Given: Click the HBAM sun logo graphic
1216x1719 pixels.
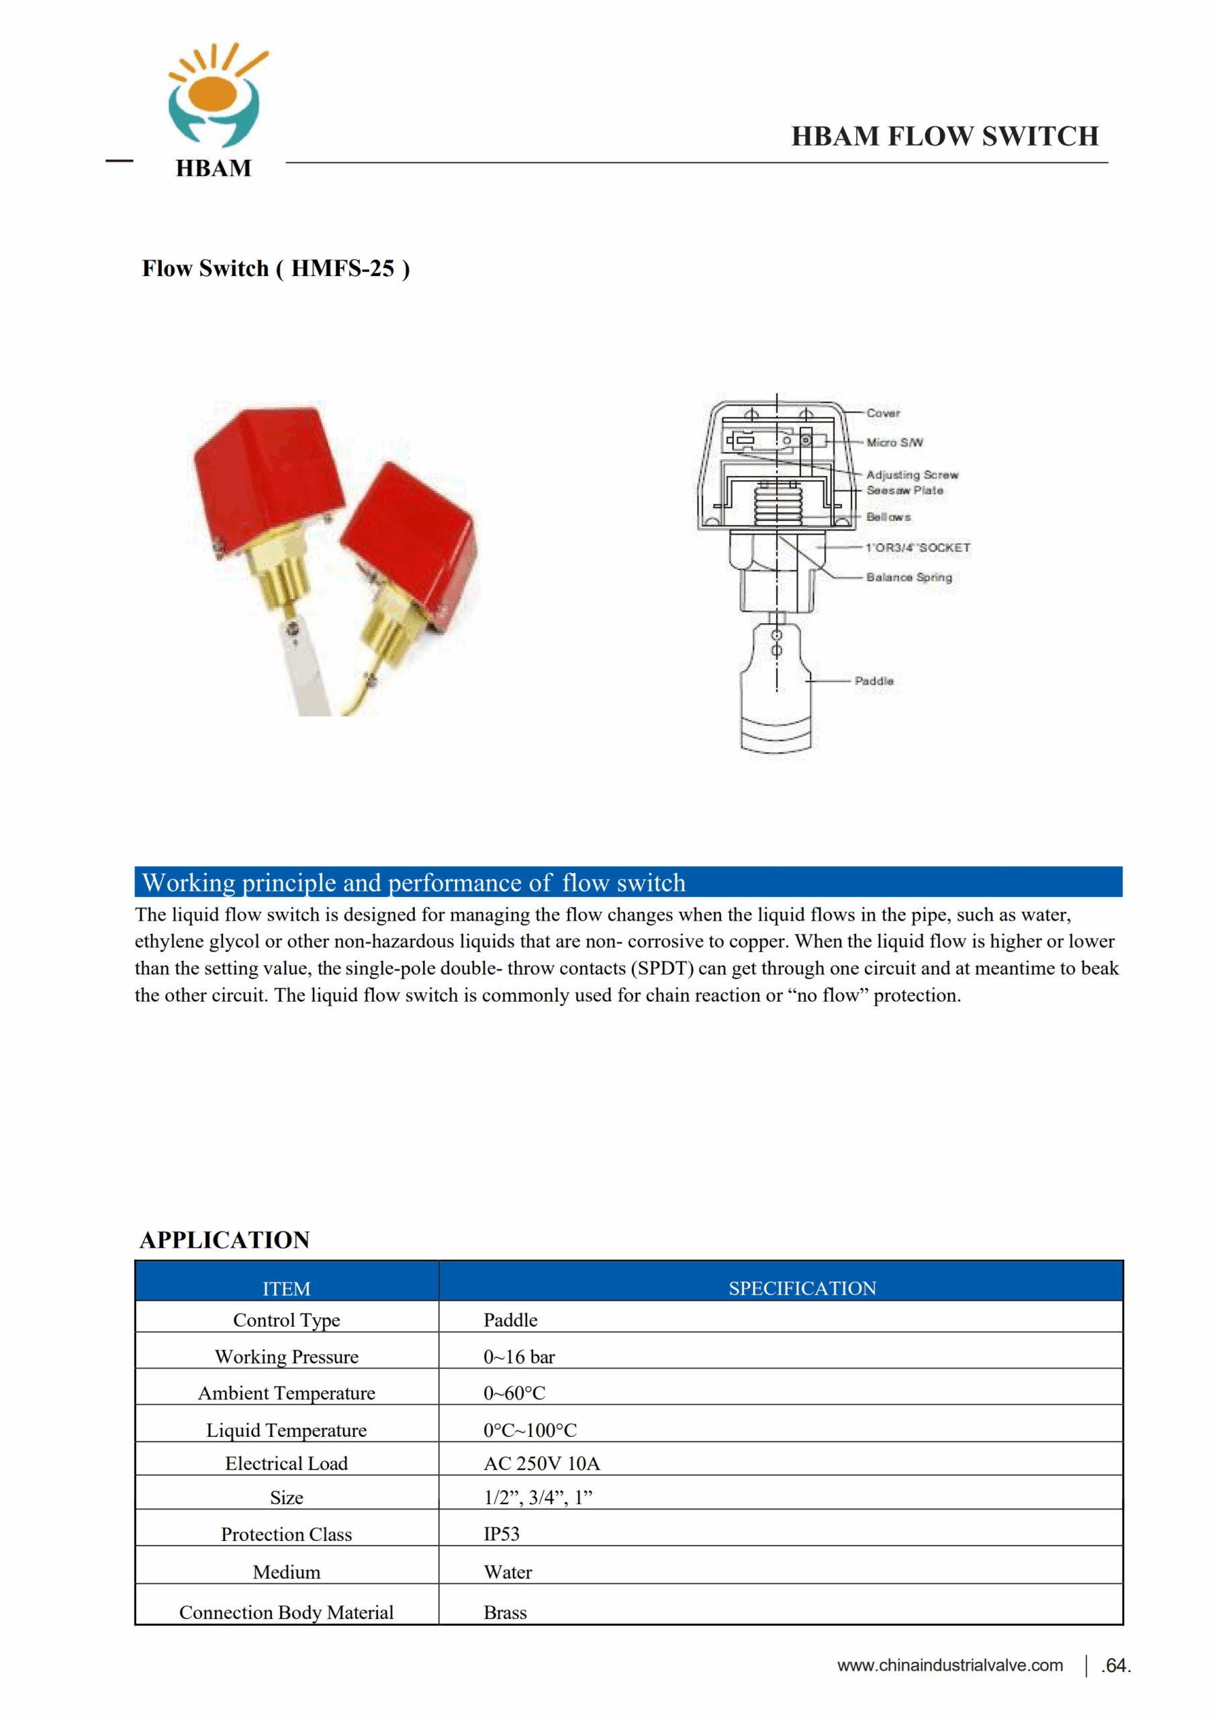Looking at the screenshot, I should (x=215, y=96).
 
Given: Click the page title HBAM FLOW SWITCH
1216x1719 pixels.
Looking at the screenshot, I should (x=945, y=136).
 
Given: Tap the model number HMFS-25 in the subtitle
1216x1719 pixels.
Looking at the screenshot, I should (x=342, y=268).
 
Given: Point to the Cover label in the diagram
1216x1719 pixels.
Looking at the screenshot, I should (x=883, y=413).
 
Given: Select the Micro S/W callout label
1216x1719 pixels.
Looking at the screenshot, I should (x=895, y=443).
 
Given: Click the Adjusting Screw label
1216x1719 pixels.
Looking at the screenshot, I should (x=912, y=475).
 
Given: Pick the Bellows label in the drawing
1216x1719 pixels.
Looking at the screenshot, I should (x=888, y=517).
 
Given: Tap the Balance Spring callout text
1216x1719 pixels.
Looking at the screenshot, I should (x=909, y=577).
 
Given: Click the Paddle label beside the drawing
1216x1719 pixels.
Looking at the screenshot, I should (x=874, y=682).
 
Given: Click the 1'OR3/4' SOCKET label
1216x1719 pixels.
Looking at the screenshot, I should (x=918, y=548).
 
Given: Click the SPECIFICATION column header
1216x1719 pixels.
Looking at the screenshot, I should (x=802, y=1289).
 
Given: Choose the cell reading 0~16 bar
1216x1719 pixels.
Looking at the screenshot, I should (x=519, y=1356).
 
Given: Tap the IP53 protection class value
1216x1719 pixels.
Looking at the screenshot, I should (x=501, y=1534).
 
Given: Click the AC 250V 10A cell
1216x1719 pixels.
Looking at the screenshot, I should (x=541, y=1463).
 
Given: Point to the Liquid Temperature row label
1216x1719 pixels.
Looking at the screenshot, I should (x=287, y=1430).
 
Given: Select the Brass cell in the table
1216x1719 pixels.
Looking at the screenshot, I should (x=505, y=1613).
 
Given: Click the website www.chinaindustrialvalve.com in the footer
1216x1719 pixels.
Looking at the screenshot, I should (x=949, y=1665).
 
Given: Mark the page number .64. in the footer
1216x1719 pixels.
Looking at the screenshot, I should (x=1116, y=1666).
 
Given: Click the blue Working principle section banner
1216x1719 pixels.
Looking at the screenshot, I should (x=627, y=882).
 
